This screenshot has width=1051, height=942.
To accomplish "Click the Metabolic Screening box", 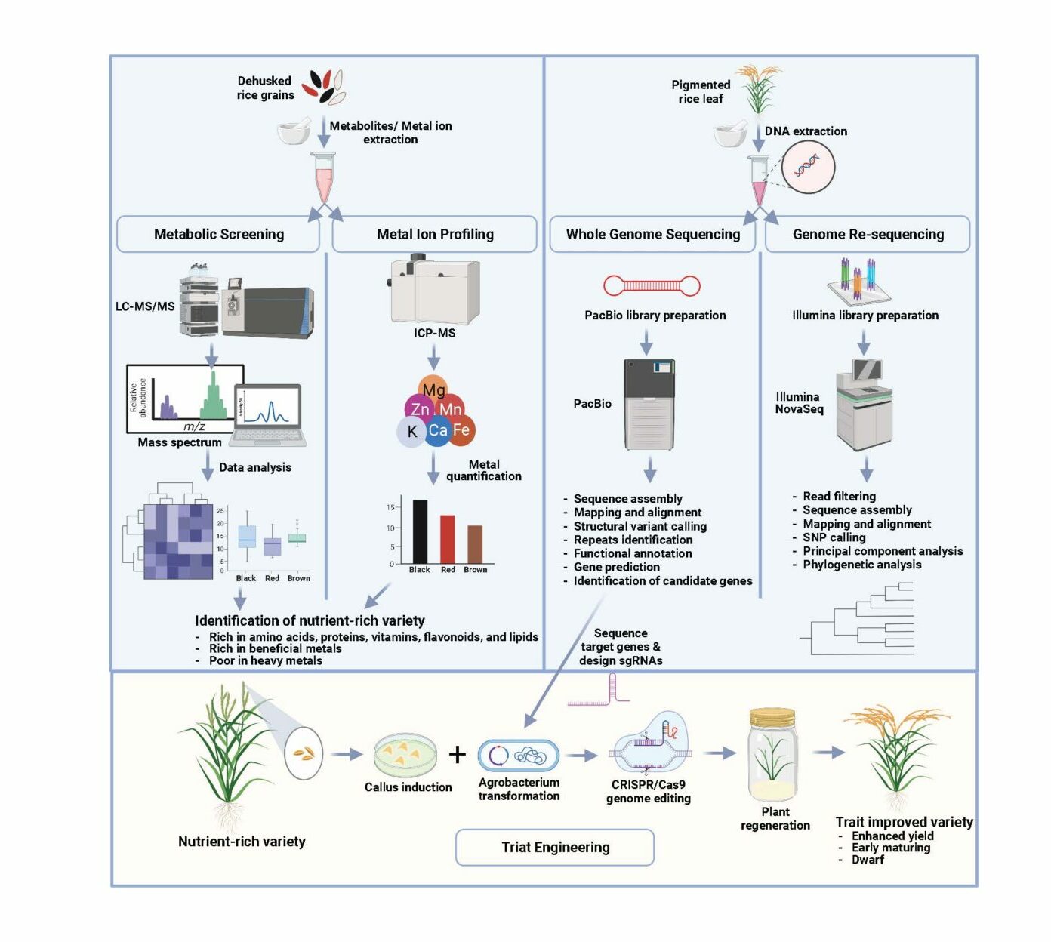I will (219, 234).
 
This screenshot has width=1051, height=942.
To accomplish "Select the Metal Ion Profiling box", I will (435, 234).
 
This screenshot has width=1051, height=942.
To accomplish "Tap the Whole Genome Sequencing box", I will (652, 234).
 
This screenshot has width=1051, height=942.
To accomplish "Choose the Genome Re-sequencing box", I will (868, 234).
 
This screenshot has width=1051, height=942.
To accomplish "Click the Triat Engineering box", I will (555, 847).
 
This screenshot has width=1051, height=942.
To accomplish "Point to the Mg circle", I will (433, 388).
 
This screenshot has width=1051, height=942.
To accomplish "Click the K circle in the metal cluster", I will (412, 432).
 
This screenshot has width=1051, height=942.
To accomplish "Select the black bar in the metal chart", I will (420, 531).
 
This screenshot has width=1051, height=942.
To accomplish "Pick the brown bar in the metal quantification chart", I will (475, 544).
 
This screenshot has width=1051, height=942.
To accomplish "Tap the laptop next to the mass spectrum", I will (269, 415).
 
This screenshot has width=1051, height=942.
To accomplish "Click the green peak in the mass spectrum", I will (214, 396).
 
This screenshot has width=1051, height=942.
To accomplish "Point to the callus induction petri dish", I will (405, 755).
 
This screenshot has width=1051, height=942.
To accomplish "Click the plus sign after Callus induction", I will (458, 755).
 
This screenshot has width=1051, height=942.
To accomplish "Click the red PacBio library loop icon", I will (652, 286).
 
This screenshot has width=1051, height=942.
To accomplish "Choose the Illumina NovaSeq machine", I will (865, 405).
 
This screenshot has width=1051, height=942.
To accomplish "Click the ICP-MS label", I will (435, 333).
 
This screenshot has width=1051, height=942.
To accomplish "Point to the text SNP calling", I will (834, 537).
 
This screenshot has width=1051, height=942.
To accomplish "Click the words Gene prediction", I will (616, 567).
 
